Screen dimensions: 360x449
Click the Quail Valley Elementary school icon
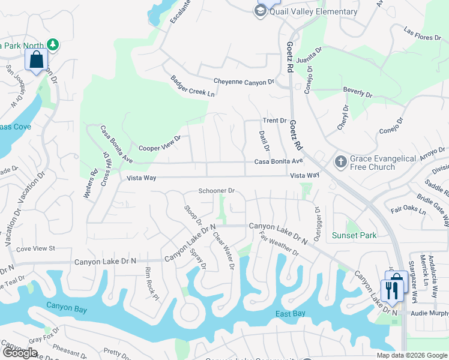261,12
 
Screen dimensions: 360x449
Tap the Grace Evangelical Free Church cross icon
340,162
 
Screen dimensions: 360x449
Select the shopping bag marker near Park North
36,60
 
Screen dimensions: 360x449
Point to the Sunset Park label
355,235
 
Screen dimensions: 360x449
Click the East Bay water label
292,314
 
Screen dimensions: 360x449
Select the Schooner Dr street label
216,191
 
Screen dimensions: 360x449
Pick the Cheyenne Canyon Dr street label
244,82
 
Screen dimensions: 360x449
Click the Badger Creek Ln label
192,86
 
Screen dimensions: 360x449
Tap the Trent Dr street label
274,121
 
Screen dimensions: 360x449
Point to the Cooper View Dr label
160,144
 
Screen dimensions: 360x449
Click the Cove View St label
35,248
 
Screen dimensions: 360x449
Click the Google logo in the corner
20,353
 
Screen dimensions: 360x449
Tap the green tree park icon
53,44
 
